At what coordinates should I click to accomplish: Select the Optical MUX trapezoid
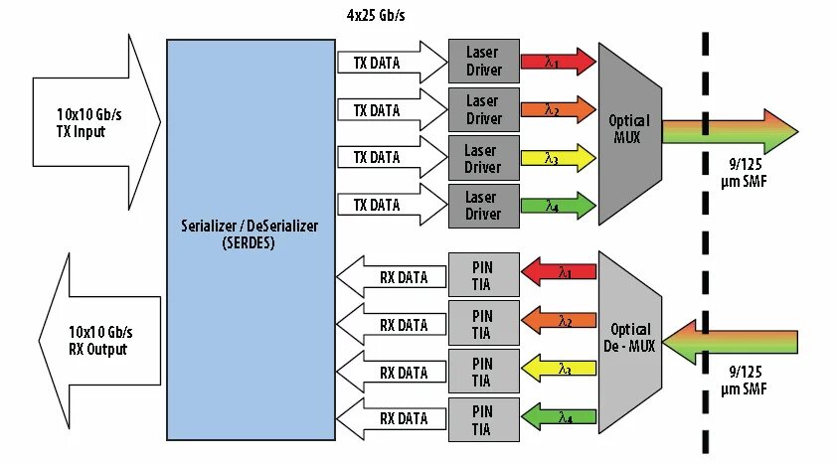click(628, 128)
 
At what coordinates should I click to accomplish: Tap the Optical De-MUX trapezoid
click(629, 337)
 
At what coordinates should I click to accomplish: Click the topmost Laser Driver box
click(484, 62)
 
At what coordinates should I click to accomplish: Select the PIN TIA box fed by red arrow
click(482, 272)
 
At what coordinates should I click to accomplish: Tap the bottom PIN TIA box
click(482, 418)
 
